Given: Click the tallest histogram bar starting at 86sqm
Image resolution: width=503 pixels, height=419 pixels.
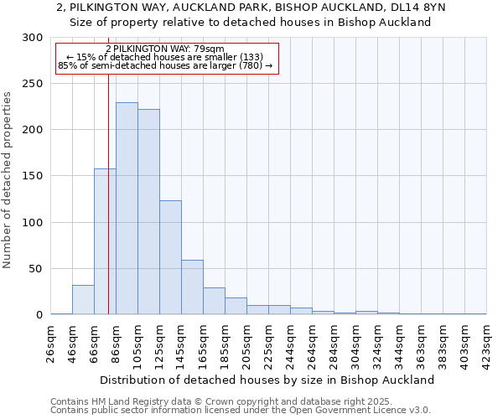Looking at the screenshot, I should point(127,209).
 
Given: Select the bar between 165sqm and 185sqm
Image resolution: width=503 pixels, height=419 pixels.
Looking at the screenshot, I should point(214,301).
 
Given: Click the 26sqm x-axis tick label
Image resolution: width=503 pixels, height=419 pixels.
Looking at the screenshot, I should point(51,342).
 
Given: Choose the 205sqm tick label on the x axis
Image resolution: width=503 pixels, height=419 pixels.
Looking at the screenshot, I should point(247,342).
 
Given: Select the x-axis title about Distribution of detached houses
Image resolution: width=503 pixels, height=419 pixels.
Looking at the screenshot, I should point(268,380).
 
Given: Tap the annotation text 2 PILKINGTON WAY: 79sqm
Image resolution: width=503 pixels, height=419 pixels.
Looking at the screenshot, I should point(165,49).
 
